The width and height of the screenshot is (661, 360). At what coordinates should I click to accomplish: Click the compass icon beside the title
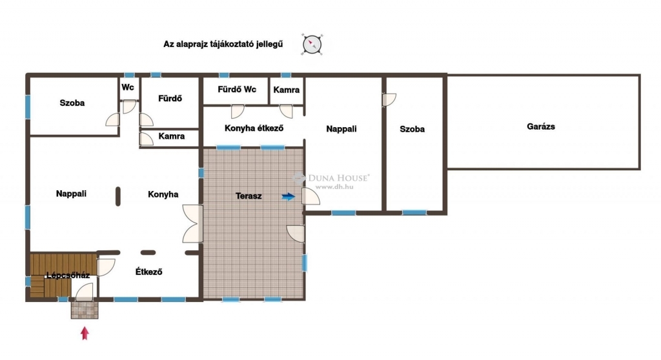(x=312, y=45)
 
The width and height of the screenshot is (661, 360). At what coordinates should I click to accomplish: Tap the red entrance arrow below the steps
(x=85, y=333)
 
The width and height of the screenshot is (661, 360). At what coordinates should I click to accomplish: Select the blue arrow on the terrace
(x=289, y=196)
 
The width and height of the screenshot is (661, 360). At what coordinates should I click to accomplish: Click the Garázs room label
(x=541, y=126)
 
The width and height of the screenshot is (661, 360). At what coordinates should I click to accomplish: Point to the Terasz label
(x=249, y=196)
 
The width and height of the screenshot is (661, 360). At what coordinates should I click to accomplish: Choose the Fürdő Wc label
(x=237, y=90)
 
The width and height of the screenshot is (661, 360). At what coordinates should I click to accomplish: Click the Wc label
(x=128, y=87)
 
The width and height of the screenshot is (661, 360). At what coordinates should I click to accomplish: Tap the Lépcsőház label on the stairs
(x=68, y=275)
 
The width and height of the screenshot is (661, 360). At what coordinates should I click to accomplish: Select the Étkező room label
(x=149, y=272)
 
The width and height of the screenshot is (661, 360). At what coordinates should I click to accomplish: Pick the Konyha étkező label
(x=254, y=128)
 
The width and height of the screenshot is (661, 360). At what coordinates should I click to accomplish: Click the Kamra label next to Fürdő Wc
(x=286, y=90)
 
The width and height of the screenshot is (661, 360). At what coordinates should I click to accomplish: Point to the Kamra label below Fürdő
(x=172, y=136)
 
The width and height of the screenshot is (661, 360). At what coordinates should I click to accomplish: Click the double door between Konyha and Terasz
(x=192, y=223)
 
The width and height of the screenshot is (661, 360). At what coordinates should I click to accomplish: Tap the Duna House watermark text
(x=339, y=178)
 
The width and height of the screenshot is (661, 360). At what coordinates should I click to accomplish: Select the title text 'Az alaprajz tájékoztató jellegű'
(x=223, y=45)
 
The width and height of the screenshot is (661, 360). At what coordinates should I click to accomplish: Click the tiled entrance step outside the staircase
(x=85, y=310)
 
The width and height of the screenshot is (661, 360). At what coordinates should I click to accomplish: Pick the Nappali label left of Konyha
(x=71, y=194)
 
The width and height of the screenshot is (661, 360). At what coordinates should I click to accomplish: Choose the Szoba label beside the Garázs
(x=412, y=129)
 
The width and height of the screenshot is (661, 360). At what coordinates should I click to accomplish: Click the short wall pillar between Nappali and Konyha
(x=118, y=196)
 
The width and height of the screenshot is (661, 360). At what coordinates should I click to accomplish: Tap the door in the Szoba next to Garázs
(x=389, y=100)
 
